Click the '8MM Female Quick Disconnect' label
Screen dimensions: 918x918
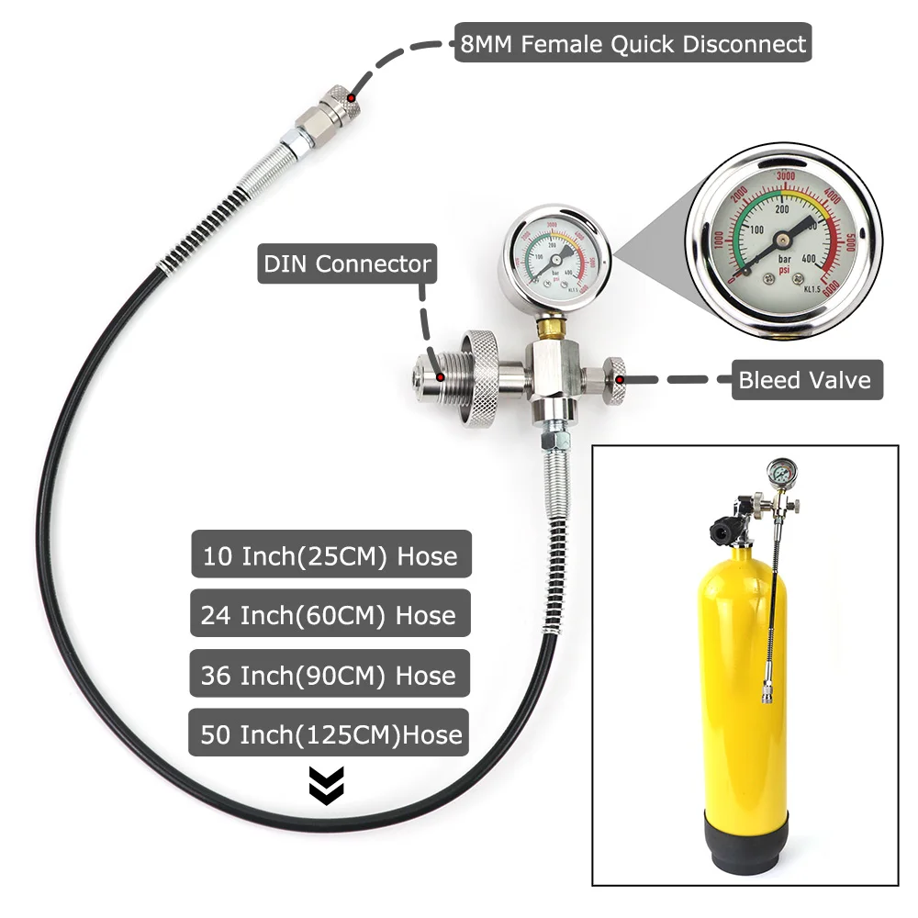pyautogui.click(x=633, y=43)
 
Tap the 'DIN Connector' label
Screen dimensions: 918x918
pyautogui.click(x=347, y=264)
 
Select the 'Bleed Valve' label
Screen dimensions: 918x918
pyautogui.click(x=805, y=379)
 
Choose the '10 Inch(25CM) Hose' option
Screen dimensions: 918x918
pyautogui.click(x=330, y=555)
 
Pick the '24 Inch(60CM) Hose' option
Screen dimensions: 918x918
pyautogui.click(x=330, y=615)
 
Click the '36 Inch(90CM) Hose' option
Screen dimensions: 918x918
pyautogui.click(x=330, y=675)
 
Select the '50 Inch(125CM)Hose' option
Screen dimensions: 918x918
pyautogui.click(x=330, y=734)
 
